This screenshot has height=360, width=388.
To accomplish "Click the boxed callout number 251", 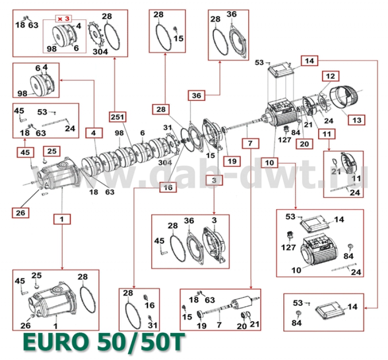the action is [x=117, y=117].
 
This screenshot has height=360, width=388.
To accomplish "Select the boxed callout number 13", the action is [x=356, y=121].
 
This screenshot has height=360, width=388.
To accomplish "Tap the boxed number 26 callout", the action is [x=20, y=213].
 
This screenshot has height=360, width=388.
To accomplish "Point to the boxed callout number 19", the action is [x=232, y=161].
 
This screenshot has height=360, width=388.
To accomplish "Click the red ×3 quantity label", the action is [x=64, y=18].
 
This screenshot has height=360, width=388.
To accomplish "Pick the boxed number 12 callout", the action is [x=330, y=76].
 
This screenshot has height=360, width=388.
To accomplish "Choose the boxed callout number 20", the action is [x=305, y=144].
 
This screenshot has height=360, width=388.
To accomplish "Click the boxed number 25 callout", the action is [x=52, y=151].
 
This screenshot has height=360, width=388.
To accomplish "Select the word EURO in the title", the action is [x=56, y=342].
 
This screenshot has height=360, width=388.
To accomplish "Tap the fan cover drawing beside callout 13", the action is [x=344, y=97].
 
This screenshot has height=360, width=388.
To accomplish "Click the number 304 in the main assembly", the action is [x=165, y=162].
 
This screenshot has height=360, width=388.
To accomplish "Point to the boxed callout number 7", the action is [x=250, y=143].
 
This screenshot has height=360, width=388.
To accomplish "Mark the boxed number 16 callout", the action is [x=168, y=188].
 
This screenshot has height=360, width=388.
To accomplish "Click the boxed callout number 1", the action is [x=62, y=219].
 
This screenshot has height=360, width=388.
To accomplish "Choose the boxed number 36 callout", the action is [x=196, y=95].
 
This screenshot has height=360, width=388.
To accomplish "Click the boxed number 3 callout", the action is [x=214, y=180].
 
